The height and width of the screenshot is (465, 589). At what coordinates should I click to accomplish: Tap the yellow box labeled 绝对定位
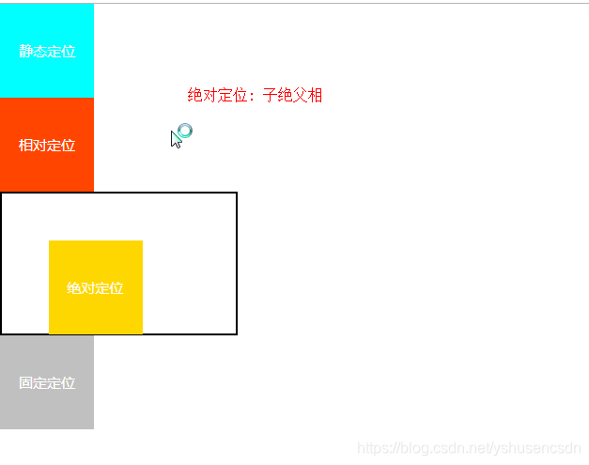pyautogui.click(x=96, y=263)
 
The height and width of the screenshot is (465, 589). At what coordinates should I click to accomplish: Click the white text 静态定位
pyautogui.click(x=47, y=52)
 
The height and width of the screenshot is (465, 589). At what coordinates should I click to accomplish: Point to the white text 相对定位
pyautogui.click(x=47, y=146)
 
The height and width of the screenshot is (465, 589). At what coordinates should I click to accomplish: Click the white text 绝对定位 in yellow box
pyautogui.click(x=95, y=288)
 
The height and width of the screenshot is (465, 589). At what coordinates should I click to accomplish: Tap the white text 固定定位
pyautogui.click(x=47, y=383)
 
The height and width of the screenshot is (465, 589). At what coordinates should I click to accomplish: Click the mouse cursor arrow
pyautogui.click(x=175, y=139)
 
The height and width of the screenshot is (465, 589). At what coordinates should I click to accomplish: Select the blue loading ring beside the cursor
pyautogui.click(x=185, y=131)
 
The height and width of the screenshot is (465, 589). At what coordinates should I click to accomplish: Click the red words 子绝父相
pyautogui.click(x=292, y=95)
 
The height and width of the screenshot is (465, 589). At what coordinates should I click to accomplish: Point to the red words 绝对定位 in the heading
pyautogui.click(x=217, y=95)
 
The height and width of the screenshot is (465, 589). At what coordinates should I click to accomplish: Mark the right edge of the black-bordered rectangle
pyautogui.click(x=236, y=263)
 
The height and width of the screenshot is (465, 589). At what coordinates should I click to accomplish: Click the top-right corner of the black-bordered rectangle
pyautogui.click(x=236, y=194)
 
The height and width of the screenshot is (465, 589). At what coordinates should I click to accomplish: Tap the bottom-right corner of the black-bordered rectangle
pyautogui.click(x=236, y=333)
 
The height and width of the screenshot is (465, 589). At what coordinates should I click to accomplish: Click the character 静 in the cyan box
pyautogui.click(x=25, y=52)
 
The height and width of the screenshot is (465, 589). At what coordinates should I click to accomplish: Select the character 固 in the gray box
pyautogui.click(x=25, y=383)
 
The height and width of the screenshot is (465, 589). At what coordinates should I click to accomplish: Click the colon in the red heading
pyautogui.click(x=253, y=96)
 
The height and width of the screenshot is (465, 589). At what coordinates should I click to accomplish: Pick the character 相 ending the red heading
pyautogui.click(x=315, y=95)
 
